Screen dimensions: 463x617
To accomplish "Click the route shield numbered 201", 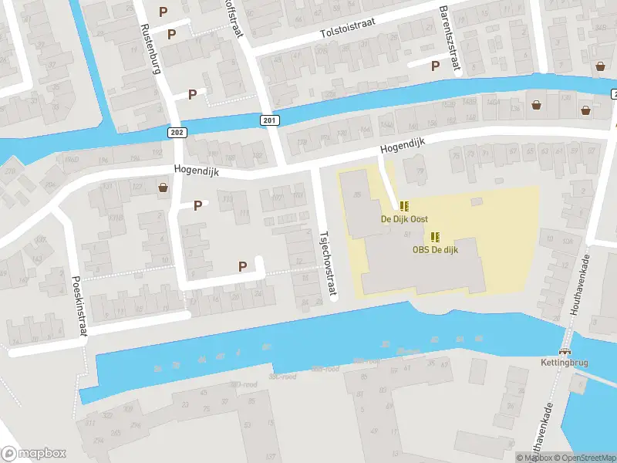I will (x=268, y=120).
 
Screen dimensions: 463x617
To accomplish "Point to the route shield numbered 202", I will (x=177, y=133).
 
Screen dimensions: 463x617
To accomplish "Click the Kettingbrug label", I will (x=560, y=363).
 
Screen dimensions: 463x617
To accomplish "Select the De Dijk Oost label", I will (x=404, y=219).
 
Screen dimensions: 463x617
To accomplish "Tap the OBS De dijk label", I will (x=435, y=249).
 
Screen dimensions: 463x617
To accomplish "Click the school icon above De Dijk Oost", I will (x=404, y=206).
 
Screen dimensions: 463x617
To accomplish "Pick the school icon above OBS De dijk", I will (x=435, y=237).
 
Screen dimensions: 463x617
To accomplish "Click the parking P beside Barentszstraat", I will (x=436, y=66).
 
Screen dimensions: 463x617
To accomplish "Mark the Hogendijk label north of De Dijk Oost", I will (x=403, y=149).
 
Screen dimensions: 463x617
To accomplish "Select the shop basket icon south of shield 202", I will (x=163, y=187).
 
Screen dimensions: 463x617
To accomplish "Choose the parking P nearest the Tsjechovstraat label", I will (x=243, y=266).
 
